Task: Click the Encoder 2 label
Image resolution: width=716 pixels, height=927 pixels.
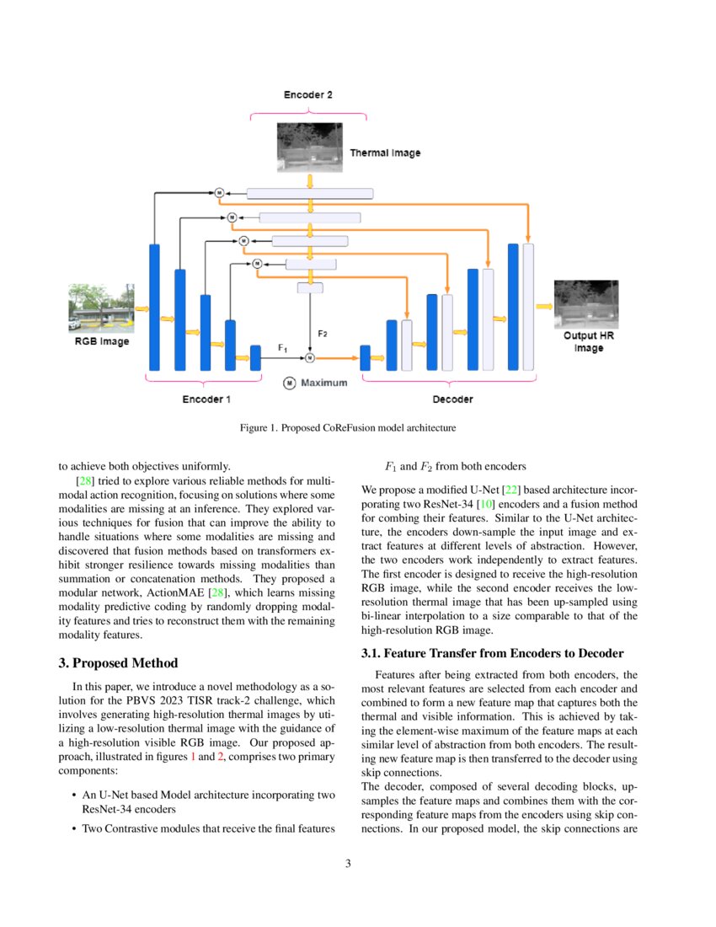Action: (x=307, y=95)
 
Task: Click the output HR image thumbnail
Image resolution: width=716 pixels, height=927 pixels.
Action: (x=585, y=305)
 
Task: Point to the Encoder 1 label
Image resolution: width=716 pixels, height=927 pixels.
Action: (x=206, y=399)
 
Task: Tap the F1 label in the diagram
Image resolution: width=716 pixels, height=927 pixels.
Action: (x=283, y=347)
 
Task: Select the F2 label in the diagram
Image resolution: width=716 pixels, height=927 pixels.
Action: (x=322, y=334)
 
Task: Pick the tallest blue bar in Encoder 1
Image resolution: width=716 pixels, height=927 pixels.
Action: (x=154, y=307)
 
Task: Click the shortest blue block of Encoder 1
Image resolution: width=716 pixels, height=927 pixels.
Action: (x=255, y=357)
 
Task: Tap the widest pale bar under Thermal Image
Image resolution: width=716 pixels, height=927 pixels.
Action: (x=310, y=194)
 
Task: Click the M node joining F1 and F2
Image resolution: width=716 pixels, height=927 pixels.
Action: (x=310, y=358)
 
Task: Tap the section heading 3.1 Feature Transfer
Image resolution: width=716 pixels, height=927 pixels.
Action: (x=492, y=653)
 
